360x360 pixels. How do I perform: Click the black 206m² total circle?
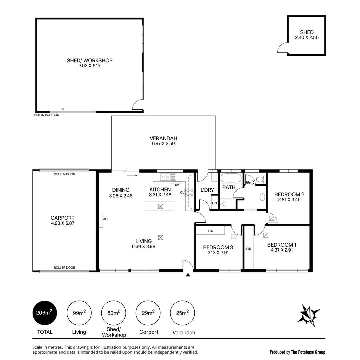pos(45,313)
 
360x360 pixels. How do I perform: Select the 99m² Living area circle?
pos(79,313)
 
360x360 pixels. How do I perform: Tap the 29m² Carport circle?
pos(148,313)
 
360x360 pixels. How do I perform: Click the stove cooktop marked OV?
pos(190,192)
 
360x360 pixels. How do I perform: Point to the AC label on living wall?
pos(105,219)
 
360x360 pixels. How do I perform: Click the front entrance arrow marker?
pos(188,275)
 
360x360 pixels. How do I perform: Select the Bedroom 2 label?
pos(289,194)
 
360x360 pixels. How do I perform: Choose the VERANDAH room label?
pos(163,138)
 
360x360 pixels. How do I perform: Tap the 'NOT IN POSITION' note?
pos(47,115)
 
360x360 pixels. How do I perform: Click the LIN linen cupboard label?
pos(214,203)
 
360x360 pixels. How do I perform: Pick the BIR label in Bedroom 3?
pos(210,231)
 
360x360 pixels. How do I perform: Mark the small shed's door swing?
pos(282,49)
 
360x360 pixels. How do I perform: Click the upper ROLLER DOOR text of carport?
pos(64,174)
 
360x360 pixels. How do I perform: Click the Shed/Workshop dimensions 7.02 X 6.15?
pos(89,66)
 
